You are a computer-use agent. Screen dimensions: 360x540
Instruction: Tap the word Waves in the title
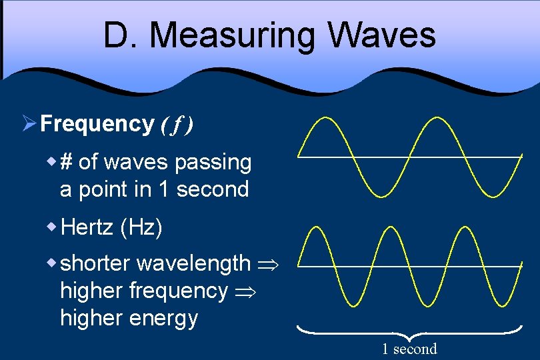pyautogui.click(x=377, y=35)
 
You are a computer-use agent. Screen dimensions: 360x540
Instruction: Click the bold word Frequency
pyautogui.click(x=97, y=123)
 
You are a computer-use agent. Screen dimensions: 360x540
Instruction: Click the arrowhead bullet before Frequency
pyautogui.click(x=28, y=123)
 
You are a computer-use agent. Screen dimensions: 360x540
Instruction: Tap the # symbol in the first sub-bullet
pyautogui.click(x=67, y=162)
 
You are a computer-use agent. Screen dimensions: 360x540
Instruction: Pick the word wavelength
pyautogui.click(x=193, y=263)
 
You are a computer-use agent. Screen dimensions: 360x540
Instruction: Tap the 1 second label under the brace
pyautogui.click(x=409, y=349)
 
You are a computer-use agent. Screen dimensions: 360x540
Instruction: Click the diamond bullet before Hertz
pyautogui.click(x=51, y=227)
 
